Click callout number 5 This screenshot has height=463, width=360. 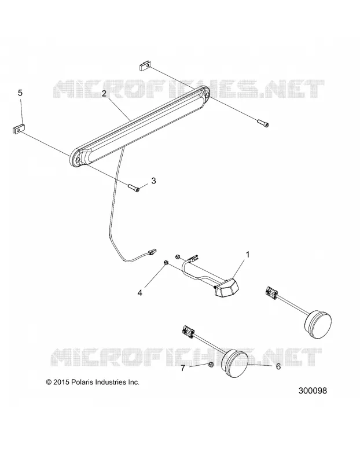[x=20, y=93]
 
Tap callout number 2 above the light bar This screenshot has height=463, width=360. [x=104, y=94]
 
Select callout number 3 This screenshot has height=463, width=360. [x=153, y=181]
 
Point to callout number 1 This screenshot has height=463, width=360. [x=248, y=254]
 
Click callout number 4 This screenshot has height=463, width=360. [x=140, y=293]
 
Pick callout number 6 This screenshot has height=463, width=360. [x=278, y=366]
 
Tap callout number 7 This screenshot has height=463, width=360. [x=183, y=368]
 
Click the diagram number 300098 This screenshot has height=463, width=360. [x=313, y=391]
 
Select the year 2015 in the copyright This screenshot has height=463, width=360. [x=61, y=382]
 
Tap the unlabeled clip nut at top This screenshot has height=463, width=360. [x=145, y=65]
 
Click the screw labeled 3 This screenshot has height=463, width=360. [x=134, y=187]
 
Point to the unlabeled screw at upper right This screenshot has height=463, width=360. [x=263, y=123]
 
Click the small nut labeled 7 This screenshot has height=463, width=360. [x=211, y=365]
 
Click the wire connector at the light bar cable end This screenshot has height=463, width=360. [x=151, y=252]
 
